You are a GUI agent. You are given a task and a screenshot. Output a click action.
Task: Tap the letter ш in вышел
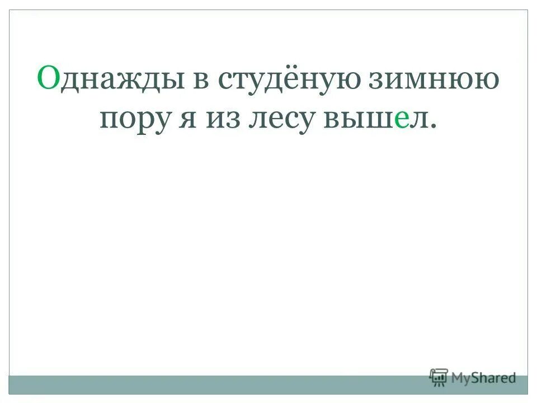click(x=378, y=120)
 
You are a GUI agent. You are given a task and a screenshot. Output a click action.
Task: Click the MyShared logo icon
click(x=439, y=377)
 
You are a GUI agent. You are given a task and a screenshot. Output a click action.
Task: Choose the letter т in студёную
click(x=239, y=80)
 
